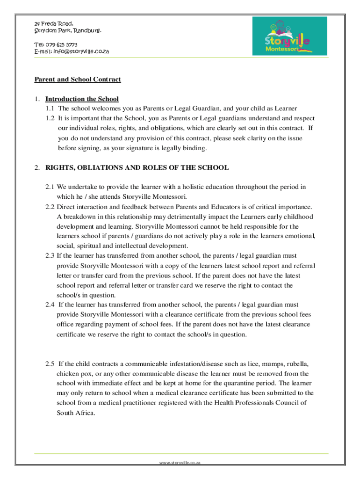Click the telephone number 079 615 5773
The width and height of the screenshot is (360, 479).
(x=62, y=44)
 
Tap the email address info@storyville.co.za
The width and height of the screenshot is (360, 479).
(x=82, y=51)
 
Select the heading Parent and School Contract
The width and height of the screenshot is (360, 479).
(x=78, y=80)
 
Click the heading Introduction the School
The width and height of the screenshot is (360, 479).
(x=82, y=99)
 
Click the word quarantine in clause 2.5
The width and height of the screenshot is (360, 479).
(x=238, y=384)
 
